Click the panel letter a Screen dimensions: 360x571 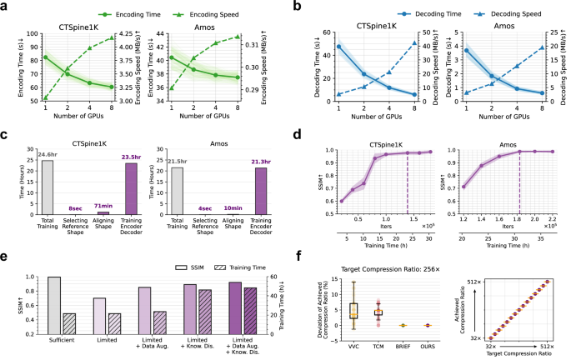7,7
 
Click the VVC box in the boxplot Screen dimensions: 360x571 353,310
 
